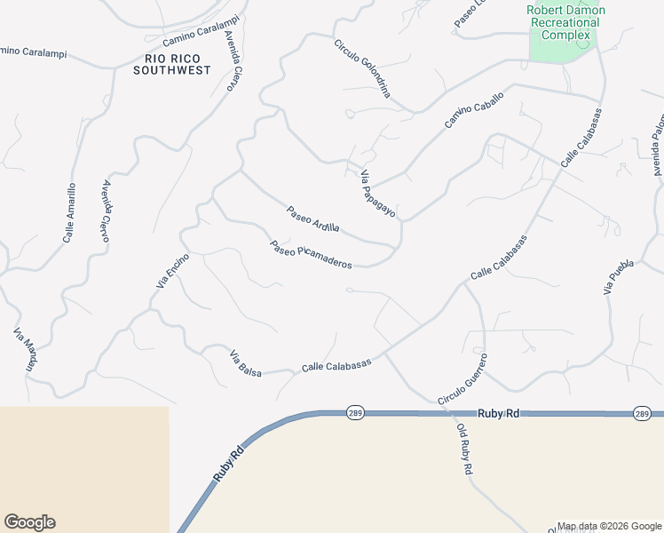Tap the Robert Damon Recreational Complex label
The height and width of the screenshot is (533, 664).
(565, 22)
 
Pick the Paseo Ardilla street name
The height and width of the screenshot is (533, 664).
(312, 219)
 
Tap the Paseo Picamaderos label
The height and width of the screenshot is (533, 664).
(312, 255)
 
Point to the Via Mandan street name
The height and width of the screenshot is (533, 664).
(27, 349)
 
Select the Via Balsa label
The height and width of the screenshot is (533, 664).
(246, 364)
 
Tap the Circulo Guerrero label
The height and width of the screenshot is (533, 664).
(462, 379)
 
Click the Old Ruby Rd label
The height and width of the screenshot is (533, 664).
(464, 449)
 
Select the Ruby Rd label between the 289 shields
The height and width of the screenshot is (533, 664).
(497, 413)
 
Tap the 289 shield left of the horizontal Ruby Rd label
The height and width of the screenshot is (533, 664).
(354, 414)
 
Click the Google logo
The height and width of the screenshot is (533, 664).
(29, 522)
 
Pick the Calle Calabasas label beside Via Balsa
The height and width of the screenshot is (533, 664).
(336, 365)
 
